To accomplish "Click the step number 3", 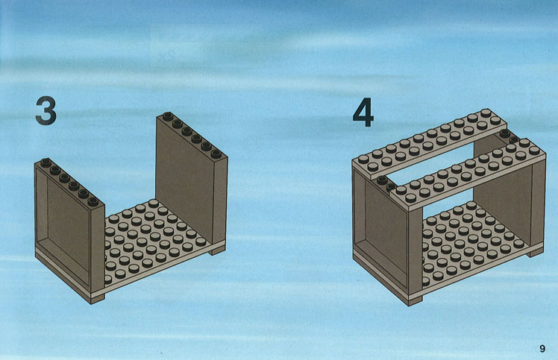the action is (46, 111).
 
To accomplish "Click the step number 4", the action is (363, 113).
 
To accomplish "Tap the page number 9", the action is (542, 348).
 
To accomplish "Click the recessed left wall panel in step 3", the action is (69, 227).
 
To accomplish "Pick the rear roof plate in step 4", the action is (430, 143).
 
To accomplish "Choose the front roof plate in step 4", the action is (468, 171).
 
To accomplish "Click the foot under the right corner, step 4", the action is (536, 253).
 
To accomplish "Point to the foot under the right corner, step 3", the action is (217, 251).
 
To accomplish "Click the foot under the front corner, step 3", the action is (98, 300).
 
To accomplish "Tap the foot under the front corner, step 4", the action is (416, 301).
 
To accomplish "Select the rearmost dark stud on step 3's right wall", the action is (168, 116).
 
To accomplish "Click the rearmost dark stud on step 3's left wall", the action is (46, 162).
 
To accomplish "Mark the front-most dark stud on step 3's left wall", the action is (93, 201).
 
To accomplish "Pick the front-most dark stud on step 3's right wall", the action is (216, 154).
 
